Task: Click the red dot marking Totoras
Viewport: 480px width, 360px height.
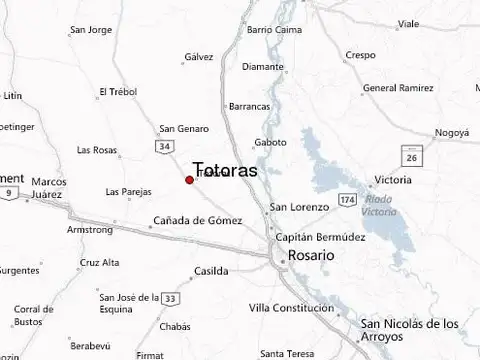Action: tap(189, 180)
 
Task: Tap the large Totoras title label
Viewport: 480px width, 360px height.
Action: tap(224, 170)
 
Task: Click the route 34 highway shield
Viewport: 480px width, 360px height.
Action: tap(164, 146)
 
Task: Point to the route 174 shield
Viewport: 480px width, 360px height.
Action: tap(347, 201)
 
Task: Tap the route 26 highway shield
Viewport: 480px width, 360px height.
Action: tap(410, 158)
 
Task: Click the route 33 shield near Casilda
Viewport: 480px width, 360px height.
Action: tap(172, 298)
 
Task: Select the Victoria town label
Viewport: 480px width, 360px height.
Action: tap(391, 180)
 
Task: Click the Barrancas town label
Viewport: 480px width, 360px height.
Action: tap(250, 106)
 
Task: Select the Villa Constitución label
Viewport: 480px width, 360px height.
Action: tap(291, 307)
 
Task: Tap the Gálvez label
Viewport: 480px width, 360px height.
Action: tap(199, 57)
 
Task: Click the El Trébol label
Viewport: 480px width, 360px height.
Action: tap(117, 92)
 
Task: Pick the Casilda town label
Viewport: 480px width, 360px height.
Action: tap(210, 271)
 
